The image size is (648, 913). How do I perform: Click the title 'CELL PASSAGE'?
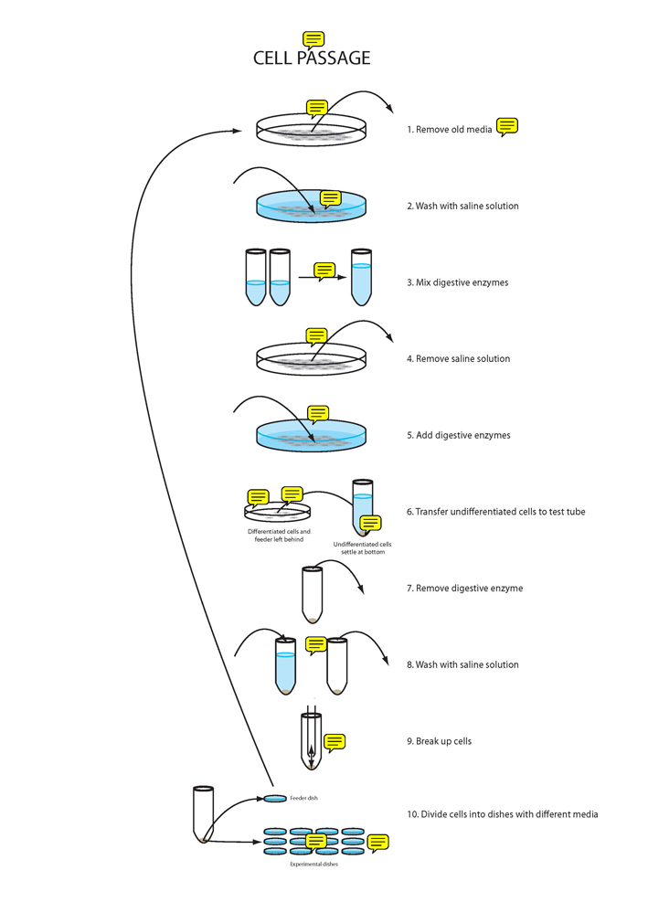(x=312, y=58)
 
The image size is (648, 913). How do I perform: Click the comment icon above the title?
(x=313, y=38)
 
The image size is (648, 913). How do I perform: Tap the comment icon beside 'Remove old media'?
(x=507, y=126)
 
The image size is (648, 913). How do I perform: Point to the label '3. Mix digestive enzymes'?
(x=457, y=282)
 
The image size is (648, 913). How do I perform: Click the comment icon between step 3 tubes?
(x=324, y=271)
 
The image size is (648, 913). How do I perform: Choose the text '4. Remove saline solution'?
(x=458, y=359)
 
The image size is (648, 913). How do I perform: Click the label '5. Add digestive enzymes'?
(x=458, y=435)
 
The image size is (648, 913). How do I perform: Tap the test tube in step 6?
(x=363, y=506)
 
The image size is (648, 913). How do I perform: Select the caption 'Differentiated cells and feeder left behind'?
(x=279, y=536)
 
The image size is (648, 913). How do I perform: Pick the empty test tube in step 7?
(x=313, y=594)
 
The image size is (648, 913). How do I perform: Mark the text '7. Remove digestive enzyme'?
(x=464, y=589)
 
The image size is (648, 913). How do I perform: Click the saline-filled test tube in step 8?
(x=286, y=665)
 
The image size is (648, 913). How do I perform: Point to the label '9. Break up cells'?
(x=439, y=741)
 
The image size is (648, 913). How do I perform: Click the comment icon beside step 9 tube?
(x=335, y=741)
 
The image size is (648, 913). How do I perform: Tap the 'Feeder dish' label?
(x=303, y=798)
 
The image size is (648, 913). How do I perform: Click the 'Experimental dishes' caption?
(x=313, y=864)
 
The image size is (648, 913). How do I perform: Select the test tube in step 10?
(x=203, y=812)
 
